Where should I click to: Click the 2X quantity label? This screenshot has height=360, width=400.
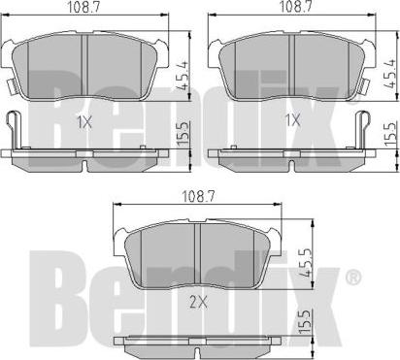click(x=198, y=303)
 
